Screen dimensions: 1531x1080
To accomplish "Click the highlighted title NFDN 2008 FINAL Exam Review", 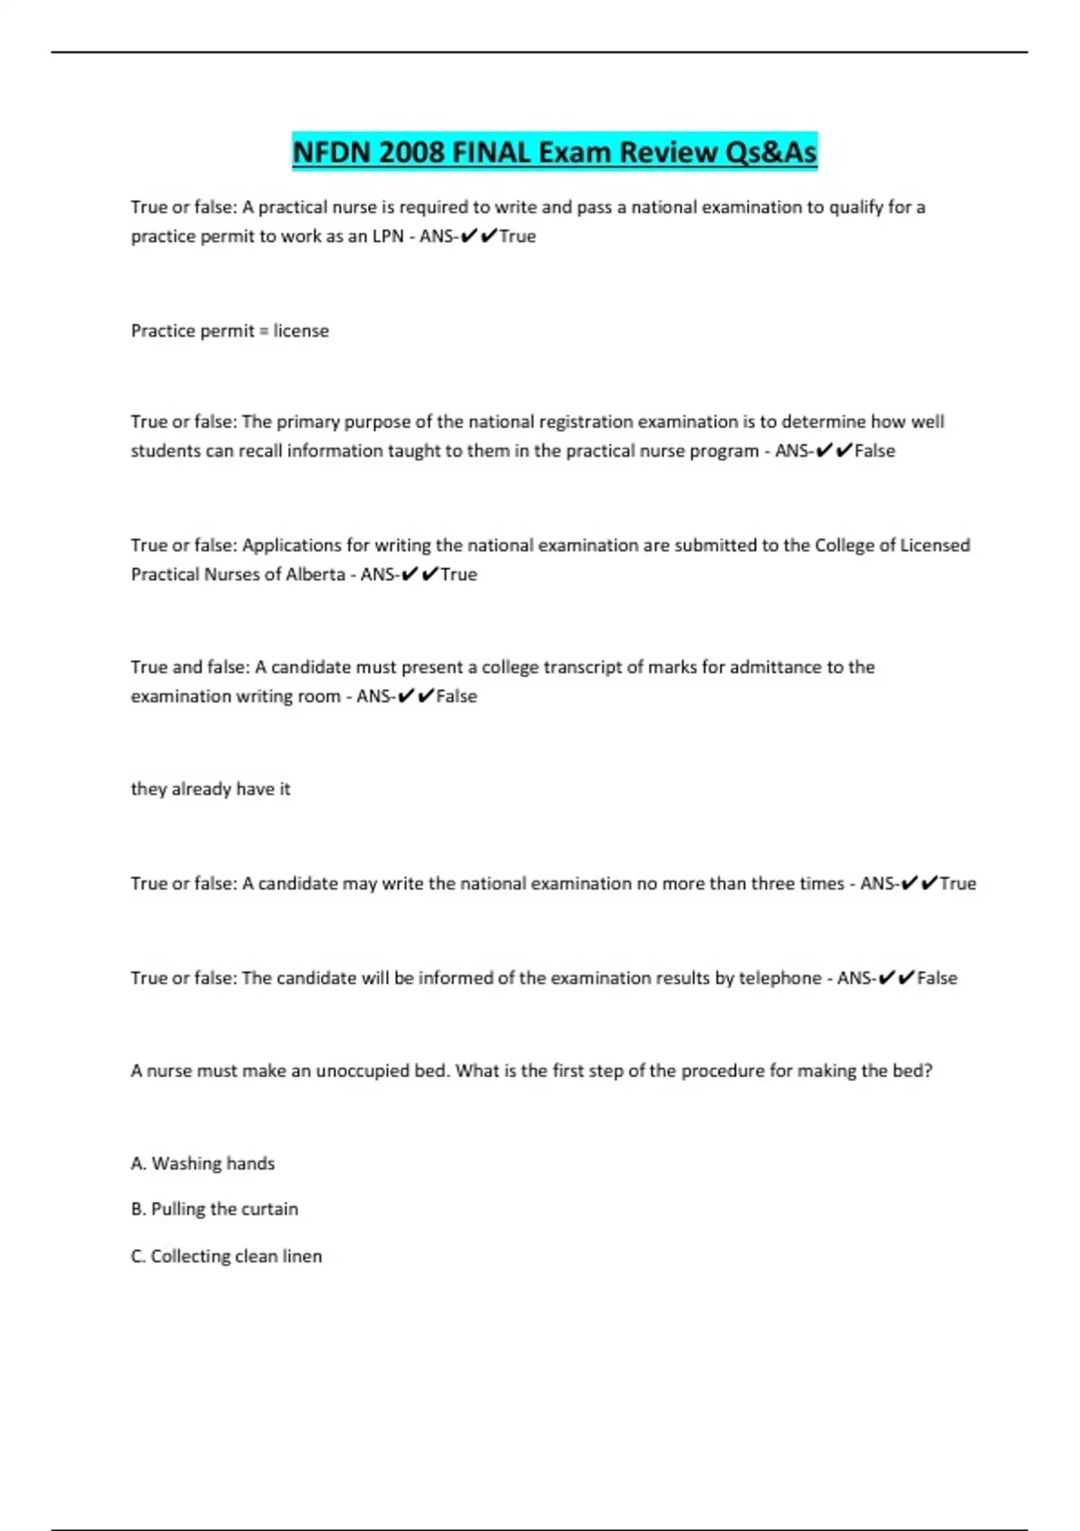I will [554, 151].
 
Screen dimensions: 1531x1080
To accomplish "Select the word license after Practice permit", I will [301, 331].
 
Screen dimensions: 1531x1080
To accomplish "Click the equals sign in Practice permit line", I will [264, 331].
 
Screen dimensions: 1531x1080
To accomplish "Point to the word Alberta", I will [315, 574].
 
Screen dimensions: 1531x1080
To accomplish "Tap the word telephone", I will [779, 977].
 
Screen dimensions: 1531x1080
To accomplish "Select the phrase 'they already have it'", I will [211, 789].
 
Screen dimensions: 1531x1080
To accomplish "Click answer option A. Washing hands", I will [202, 1163].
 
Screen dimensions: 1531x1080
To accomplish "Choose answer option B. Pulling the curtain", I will [214, 1209].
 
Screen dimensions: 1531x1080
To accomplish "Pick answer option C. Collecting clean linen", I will [226, 1255].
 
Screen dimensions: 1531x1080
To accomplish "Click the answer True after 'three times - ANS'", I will [958, 883].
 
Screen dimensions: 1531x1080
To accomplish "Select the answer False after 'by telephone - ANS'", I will [937, 977].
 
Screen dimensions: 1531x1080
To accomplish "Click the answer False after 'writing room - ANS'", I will [456, 695].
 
